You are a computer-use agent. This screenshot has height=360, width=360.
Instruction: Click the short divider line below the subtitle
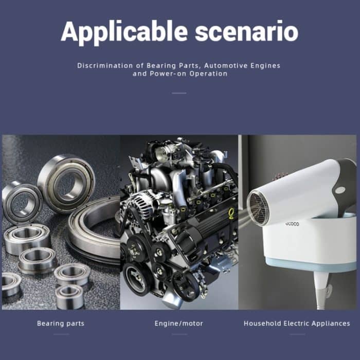pos(179,93)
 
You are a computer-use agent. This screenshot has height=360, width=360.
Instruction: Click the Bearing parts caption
pos(61,323)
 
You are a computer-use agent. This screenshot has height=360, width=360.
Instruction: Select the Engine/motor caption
pos(179,323)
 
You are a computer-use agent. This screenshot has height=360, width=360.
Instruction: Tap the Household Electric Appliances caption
pos(297,323)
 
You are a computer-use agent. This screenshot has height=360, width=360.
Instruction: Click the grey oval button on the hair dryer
pos(340,190)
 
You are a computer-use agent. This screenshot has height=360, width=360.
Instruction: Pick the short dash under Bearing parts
pos(61,334)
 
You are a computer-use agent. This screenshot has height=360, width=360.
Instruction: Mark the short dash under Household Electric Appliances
pos(297,334)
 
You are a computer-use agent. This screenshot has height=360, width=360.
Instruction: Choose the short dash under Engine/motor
pos(179,334)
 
